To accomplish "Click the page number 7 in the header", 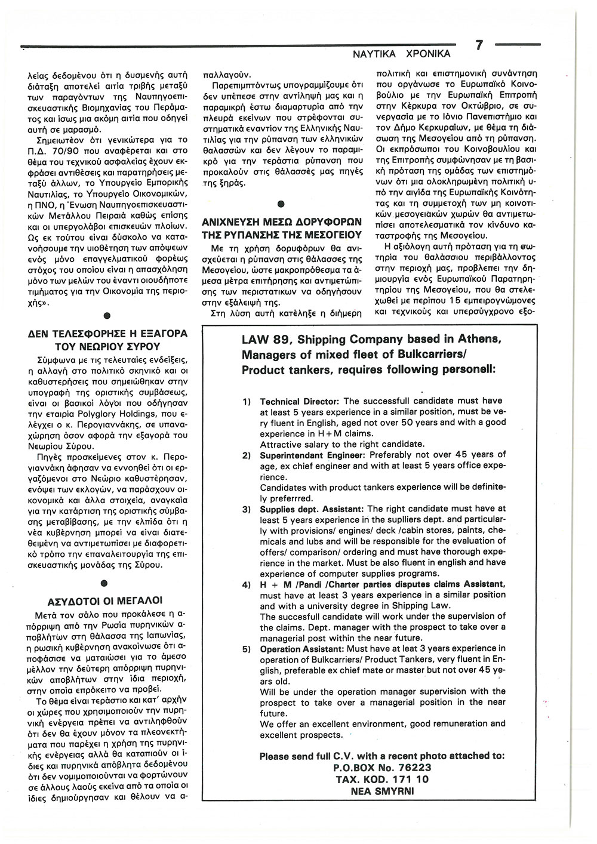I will point(479,46).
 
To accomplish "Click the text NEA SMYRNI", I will point(382,791).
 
